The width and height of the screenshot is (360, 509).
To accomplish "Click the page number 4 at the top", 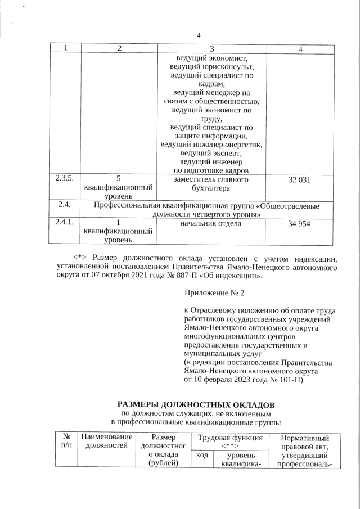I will point(199,36).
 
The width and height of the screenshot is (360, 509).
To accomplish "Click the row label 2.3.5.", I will point(64,179).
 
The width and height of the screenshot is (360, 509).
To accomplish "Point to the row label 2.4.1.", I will point(64,223).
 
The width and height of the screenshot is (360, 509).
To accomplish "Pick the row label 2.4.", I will point(64,205).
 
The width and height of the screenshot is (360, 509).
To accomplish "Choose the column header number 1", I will point(65,49).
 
